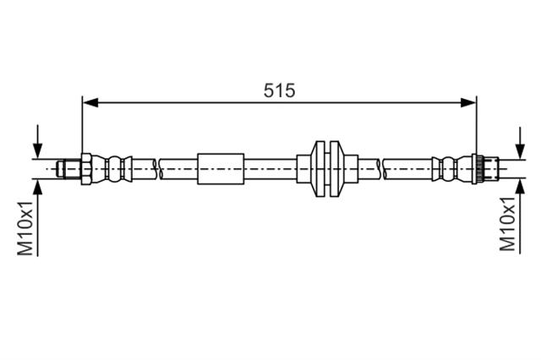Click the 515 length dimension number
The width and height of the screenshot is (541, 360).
click(x=280, y=90)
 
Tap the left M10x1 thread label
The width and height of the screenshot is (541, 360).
click(x=25, y=228)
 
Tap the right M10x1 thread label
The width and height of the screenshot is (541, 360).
click(x=507, y=223)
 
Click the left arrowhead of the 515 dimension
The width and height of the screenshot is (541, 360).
click(x=90, y=102)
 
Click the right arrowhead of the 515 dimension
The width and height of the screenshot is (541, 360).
click(x=468, y=102)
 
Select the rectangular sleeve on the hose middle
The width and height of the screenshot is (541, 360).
click(x=221, y=169)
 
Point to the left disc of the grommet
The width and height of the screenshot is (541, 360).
click(x=320, y=169)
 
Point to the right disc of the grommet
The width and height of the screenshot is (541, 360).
click(x=335, y=169)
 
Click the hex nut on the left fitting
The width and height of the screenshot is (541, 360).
click(x=86, y=169)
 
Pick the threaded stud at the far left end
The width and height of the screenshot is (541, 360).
click(x=68, y=169)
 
